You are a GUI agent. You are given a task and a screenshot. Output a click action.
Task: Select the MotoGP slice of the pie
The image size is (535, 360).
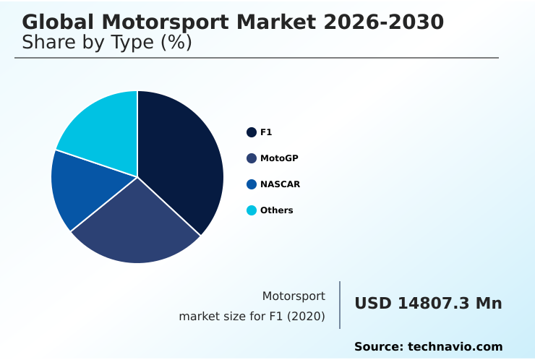(137, 224)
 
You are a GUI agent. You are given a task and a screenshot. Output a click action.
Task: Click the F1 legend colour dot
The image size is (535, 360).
(252, 132)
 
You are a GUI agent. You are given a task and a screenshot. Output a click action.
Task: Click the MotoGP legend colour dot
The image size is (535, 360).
(252, 158)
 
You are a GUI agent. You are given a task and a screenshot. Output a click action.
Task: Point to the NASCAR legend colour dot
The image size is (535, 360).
(252, 184)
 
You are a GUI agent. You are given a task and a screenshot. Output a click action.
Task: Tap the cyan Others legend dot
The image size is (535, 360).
(252, 210)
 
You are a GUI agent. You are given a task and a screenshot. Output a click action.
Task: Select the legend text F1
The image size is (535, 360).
(266, 132)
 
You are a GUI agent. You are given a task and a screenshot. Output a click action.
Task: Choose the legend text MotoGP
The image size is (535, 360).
(279, 158)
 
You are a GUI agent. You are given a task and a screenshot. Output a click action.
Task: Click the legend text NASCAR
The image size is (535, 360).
(280, 184)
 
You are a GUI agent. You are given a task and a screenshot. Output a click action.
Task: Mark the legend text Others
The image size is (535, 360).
(277, 210)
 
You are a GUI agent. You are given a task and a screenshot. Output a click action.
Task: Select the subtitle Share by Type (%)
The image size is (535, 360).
(107, 43)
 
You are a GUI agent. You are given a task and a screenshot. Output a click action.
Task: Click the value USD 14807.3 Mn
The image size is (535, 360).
(428, 304)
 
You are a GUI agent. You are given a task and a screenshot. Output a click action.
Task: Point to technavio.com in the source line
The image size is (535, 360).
(455, 347)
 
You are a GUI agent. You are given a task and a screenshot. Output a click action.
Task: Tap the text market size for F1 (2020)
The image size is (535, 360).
(252, 317)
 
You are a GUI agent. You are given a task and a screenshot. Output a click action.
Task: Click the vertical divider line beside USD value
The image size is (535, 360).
(340, 305)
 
